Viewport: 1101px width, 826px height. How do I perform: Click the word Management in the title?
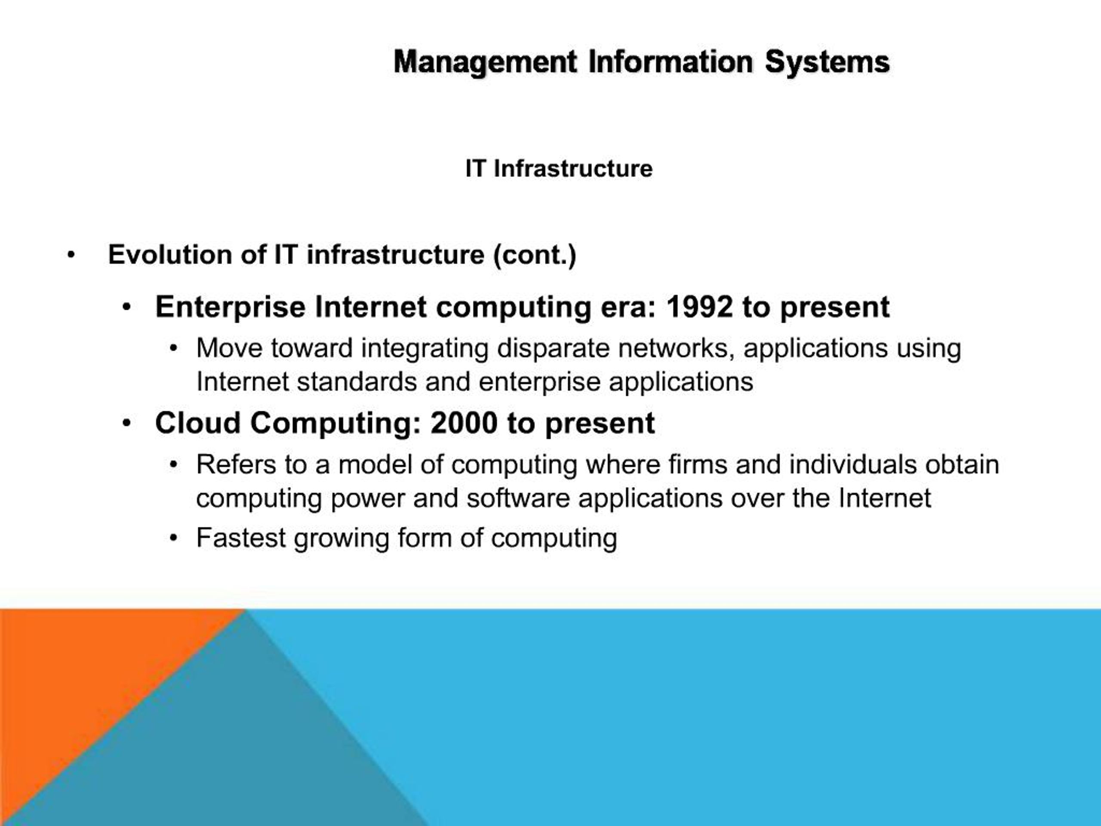click(x=485, y=63)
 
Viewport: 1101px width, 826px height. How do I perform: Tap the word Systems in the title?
click(x=827, y=63)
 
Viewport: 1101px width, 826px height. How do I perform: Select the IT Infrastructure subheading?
click(x=559, y=168)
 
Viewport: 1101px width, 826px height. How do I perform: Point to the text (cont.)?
click(x=535, y=256)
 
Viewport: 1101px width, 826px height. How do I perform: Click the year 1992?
click(x=699, y=307)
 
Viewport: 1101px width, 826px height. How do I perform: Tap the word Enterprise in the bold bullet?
click(x=230, y=307)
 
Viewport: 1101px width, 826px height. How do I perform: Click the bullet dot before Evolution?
click(x=71, y=256)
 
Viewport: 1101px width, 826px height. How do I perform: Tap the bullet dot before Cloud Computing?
click(x=127, y=424)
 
